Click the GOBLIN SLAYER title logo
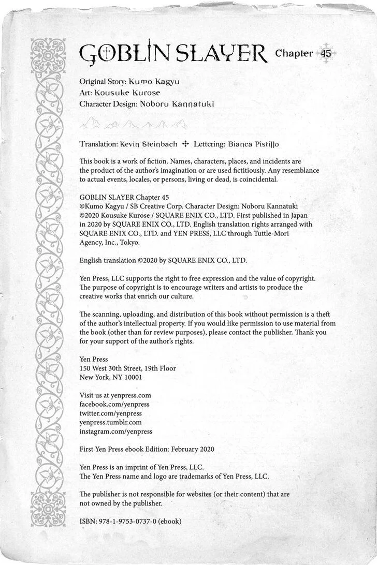173,53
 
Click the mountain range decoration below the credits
133,124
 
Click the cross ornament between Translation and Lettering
186,144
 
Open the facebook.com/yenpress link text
114,404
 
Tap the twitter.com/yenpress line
110,413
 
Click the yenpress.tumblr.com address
110,422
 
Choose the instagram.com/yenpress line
115,432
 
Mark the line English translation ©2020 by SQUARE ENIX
163,260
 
